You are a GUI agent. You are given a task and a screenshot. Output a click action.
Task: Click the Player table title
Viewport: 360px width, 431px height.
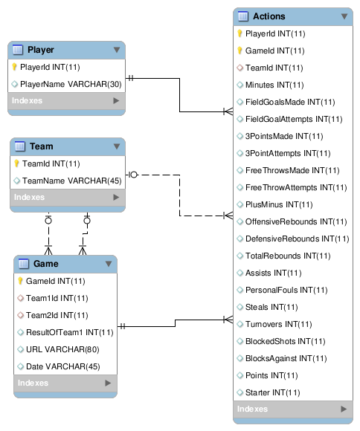(x=40, y=50)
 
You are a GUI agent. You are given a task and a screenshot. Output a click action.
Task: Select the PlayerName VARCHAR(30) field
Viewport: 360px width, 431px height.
(x=71, y=84)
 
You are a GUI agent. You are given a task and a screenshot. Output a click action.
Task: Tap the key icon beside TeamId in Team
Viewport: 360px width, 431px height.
(x=16, y=163)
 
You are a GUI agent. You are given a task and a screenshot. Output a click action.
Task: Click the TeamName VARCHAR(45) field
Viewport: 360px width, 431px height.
(x=72, y=181)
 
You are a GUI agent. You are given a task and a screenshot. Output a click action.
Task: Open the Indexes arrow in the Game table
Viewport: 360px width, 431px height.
(x=108, y=383)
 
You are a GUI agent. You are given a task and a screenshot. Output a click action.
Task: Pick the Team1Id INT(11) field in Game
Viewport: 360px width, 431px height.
(x=57, y=298)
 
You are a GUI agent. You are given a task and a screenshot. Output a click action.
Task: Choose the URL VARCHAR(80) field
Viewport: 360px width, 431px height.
(x=62, y=349)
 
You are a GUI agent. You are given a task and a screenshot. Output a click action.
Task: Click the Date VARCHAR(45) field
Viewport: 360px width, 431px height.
(x=63, y=366)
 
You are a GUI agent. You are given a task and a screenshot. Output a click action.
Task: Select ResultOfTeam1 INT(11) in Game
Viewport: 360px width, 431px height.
(x=70, y=332)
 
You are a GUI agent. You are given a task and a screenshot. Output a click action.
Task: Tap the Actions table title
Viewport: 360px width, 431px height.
(x=269, y=16)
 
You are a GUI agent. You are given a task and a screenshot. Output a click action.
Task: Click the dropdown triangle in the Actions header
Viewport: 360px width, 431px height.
(x=344, y=16)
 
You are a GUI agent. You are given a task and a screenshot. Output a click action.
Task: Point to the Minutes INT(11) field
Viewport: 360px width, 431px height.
(x=274, y=85)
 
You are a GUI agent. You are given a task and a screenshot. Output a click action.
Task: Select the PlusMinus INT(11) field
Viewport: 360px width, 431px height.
(x=279, y=204)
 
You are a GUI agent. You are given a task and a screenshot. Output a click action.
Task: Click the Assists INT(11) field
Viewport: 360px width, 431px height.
(x=273, y=273)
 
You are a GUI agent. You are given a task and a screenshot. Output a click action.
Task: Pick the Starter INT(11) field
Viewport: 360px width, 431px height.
(x=272, y=392)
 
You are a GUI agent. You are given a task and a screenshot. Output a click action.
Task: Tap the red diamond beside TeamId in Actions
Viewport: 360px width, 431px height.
(x=240, y=68)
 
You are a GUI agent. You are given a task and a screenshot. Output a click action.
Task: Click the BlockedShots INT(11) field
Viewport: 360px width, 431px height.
(x=286, y=341)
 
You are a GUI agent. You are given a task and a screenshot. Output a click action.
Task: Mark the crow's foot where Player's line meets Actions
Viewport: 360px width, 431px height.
(x=228, y=111)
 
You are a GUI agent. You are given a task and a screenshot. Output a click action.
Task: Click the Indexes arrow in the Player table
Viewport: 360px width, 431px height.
(x=116, y=100)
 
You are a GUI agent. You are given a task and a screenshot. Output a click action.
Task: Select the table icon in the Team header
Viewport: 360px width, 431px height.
(x=20, y=146)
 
